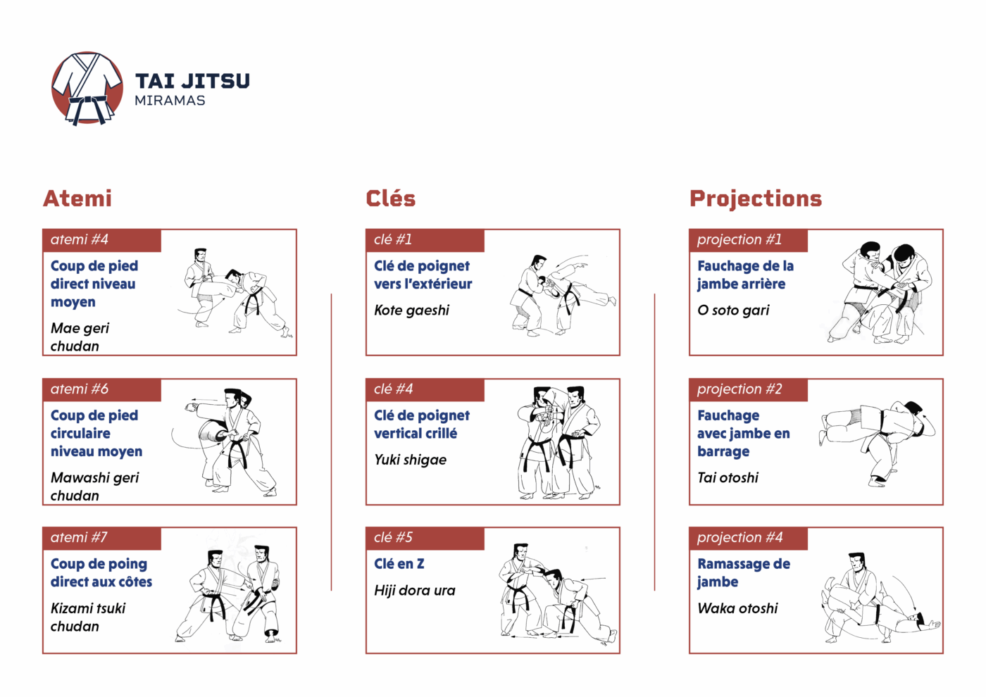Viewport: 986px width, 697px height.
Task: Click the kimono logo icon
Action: (87, 89)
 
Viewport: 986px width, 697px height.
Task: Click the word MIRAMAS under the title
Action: (170, 101)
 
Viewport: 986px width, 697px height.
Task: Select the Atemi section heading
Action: (77, 199)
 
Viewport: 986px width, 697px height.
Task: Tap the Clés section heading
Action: (390, 199)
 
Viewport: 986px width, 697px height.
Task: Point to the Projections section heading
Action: (755, 199)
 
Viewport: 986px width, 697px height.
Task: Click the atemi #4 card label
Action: (79, 239)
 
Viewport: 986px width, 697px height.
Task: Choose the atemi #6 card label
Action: (79, 389)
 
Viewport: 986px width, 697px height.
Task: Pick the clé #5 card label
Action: (393, 537)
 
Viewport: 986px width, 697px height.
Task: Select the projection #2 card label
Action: (739, 389)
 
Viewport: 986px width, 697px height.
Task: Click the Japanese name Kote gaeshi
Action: (411, 310)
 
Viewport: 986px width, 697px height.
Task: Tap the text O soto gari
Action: (733, 310)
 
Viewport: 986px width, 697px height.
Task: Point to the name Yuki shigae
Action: (410, 460)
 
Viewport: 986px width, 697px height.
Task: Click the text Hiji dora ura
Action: (415, 591)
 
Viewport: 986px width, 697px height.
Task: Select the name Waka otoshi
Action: (738, 608)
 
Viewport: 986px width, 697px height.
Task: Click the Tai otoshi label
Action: (728, 478)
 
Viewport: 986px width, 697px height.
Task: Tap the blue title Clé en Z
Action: (399, 564)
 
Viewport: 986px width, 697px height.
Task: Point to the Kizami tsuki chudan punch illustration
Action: (228, 594)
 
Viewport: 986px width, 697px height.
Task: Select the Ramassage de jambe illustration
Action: (880, 598)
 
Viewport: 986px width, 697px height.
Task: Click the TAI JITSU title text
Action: (192, 81)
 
